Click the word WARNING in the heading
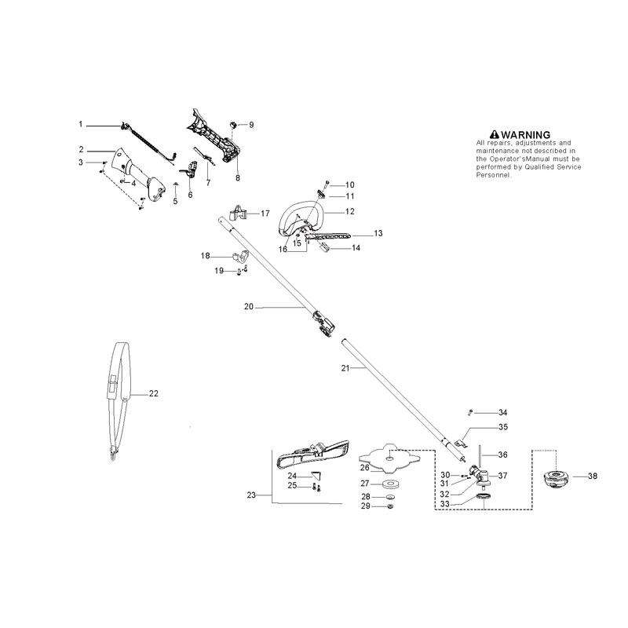(x=525, y=134)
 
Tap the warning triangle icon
(x=495, y=134)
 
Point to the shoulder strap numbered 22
(x=119, y=400)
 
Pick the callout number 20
(x=249, y=306)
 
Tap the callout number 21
(x=345, y=368)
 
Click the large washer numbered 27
(x=388, y=484)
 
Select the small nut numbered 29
(x=391, y=506)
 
